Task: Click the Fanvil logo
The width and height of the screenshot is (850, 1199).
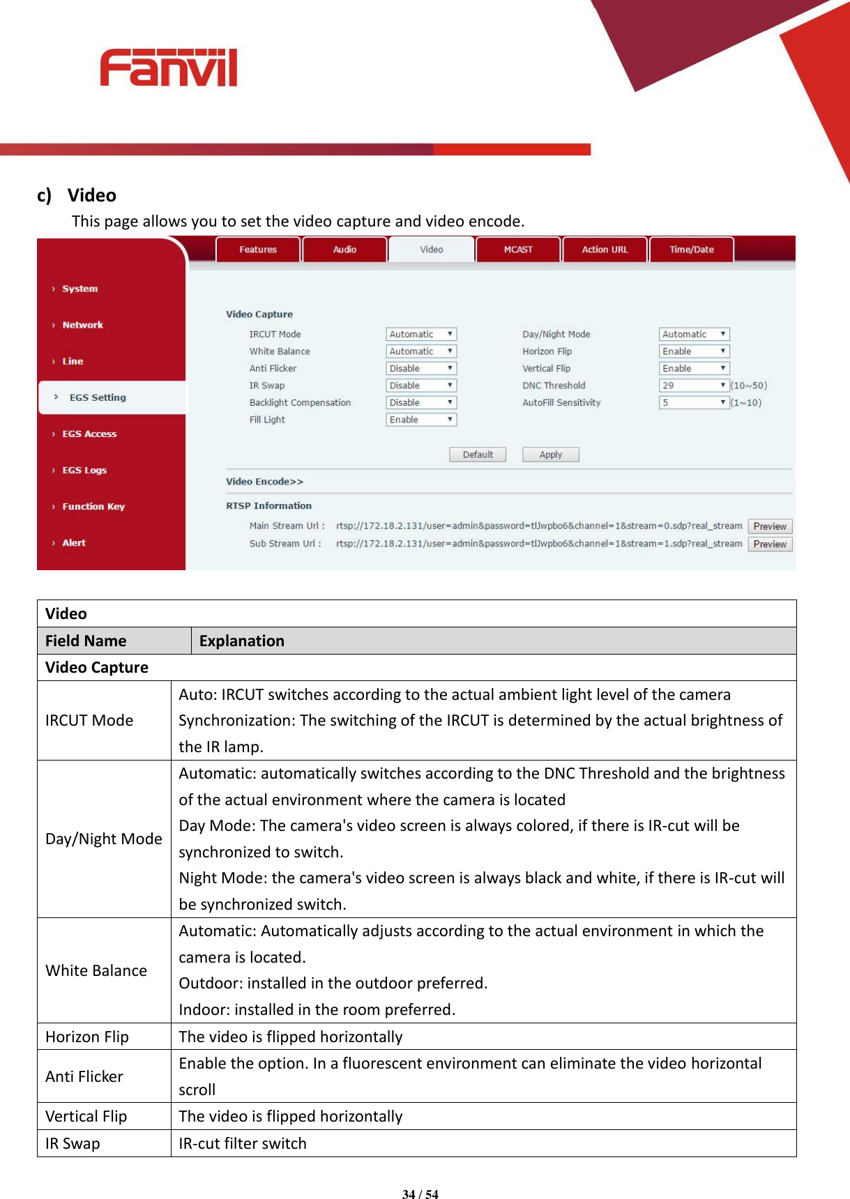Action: click(x=169, y=68)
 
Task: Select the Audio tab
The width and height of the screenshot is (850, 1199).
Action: click(x=344, y=250)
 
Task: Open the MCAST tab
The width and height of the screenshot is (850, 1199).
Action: click(x=518, y=250)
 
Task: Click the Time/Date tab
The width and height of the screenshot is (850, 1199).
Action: click(x=691, y=250)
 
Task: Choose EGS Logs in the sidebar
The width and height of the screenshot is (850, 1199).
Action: click(x=84, y=471)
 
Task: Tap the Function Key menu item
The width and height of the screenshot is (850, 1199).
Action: click(x=93, y=507)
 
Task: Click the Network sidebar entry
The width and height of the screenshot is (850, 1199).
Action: click(x=82, y=326)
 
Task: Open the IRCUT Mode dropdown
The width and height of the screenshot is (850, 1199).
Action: click(x=421, y=335)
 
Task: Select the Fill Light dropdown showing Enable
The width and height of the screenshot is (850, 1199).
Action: click(x=421, y=420)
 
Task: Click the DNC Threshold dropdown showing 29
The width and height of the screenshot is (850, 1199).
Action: click(x=694, y=385)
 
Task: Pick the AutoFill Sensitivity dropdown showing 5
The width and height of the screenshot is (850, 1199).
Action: click(x=694, y=403)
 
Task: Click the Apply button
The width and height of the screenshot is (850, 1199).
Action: click(x=550, y=455)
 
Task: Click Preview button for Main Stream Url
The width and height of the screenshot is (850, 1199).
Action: click(x=770, y=526)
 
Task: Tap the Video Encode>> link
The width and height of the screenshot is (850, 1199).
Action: click(x=264, y=482)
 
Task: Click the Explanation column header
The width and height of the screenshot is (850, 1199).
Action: click(x=242, y=641)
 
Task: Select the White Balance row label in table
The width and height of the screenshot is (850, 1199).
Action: click(x=96, y=970)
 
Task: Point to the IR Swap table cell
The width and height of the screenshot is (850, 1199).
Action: click(x=73, y=1143)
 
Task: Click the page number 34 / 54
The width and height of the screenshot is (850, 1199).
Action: click(x=420, y=1194)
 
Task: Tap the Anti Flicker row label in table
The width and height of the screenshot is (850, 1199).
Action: click(x=84, y=1076)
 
